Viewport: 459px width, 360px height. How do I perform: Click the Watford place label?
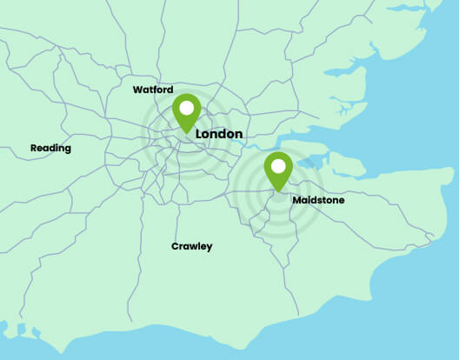(x=153, y=90)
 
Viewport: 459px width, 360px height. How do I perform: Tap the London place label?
(x=219, y=135)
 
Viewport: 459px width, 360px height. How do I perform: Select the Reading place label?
(x=50, y=148)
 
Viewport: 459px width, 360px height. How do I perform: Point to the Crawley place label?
(x=191, y=246)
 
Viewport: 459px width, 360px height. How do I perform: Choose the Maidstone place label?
(x=318, y=200)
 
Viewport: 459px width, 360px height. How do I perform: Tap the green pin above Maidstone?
(x=278, y=170)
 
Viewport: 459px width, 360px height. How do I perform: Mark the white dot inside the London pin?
(x=186, y=110)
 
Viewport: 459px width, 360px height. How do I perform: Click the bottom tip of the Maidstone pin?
(x=278, y=191)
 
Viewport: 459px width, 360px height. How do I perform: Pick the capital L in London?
(x=200, y=135)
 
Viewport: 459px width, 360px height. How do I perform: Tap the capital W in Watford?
(x=137, y=90)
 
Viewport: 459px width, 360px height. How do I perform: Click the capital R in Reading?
(x=34, y=148)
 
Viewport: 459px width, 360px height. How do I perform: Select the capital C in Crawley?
(x=175, y=246)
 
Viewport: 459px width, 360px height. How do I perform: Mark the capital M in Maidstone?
(x=296, y=200)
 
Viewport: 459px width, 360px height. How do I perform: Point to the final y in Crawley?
(x=209, y=248)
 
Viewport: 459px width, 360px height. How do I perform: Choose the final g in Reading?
(x=68, y=150)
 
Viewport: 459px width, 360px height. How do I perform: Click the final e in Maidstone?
(x=342, y=201)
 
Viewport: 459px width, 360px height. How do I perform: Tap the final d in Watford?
(x=170, y=90)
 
